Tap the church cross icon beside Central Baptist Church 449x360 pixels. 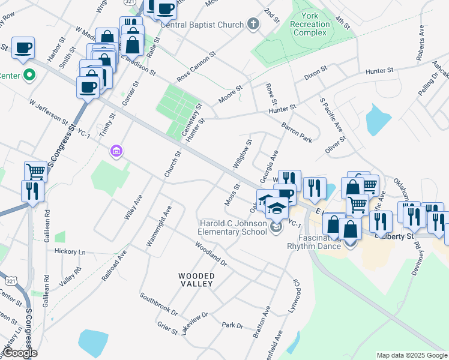[253, 25]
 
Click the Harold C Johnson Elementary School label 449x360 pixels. [233, 227]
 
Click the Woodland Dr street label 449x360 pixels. [211, 254]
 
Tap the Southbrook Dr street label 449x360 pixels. [158, 304]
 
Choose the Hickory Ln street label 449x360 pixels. [70, 251]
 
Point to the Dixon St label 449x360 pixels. [316, 73]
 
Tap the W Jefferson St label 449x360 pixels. [49, 112]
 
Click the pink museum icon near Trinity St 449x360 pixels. [116, 151]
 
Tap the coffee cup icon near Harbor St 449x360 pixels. [23, 47]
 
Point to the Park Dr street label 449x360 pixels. [232, 326]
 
